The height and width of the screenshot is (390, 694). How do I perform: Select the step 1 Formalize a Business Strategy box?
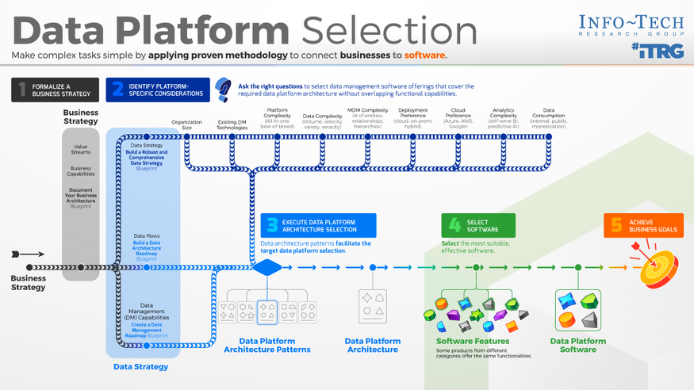point(55,90)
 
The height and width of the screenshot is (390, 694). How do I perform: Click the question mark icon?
point(224,89)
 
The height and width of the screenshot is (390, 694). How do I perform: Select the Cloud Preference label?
point(458,120)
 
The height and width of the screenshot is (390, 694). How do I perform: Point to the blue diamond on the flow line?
point(266,267)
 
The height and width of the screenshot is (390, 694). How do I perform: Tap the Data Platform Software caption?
point(578,345)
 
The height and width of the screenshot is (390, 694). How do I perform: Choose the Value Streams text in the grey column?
point(81,149)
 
